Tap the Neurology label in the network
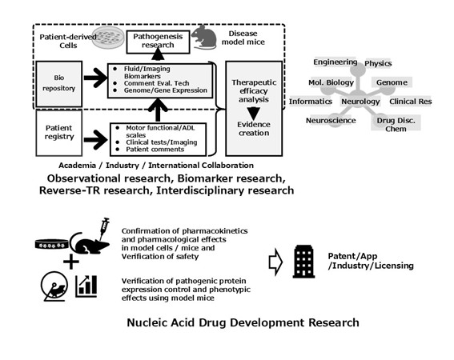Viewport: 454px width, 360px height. tap(360, 102)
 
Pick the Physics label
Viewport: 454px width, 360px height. tap(379, 63)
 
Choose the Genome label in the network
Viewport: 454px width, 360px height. tap(392, 82)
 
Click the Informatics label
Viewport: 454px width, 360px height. tap(311, 102)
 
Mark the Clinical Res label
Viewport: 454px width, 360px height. tap(412, 102)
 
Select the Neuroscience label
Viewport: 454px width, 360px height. tap(330, 121)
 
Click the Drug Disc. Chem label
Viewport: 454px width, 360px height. tap(392, 126)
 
